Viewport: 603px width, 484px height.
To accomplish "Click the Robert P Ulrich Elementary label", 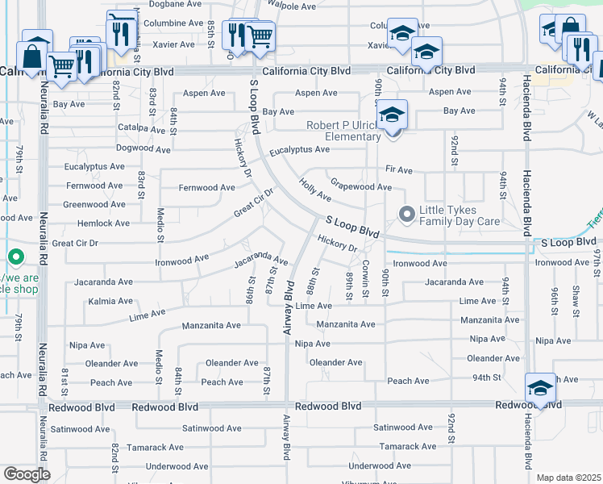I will click(343, 131).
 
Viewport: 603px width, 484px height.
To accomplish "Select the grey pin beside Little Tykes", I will click(407, 215).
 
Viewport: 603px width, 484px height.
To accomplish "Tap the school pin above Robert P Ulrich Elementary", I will click(393, 115).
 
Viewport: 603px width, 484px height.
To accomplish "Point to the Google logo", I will click(27, 474).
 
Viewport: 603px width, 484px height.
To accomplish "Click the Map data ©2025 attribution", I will click(568, 478).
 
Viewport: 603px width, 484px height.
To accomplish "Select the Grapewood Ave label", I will click(361, 186).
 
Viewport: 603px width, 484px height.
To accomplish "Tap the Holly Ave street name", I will click(314, 191).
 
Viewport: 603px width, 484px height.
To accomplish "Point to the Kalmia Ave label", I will click(110, 300).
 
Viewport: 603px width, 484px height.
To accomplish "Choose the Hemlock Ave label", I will click(103, 223).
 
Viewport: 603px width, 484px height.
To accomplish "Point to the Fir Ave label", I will click(399, 171).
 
